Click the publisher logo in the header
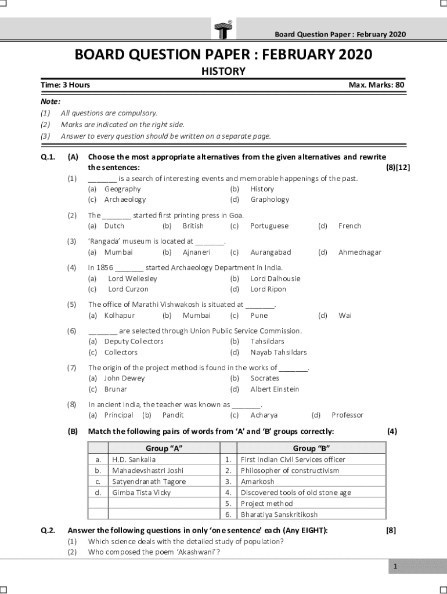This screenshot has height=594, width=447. (223, 28)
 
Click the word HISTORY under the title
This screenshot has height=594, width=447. (223, 71)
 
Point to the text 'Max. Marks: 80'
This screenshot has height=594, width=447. (376, 85)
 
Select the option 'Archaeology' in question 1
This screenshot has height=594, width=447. (125, 200)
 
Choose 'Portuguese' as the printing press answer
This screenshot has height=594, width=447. (269, 226)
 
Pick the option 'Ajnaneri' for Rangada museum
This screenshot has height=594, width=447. (196, 252)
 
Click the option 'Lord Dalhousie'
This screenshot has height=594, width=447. (275, 278)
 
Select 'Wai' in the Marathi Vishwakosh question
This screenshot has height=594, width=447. (345, 316)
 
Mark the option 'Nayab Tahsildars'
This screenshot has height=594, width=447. (278, 352)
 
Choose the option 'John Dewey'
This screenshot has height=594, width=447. (124, 378)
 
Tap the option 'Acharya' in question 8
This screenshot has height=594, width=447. (264, 415)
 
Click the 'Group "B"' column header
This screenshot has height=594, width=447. (312, 448)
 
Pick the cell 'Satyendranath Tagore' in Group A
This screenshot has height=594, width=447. (149, 481)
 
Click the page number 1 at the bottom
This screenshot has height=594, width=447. (395, 567)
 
